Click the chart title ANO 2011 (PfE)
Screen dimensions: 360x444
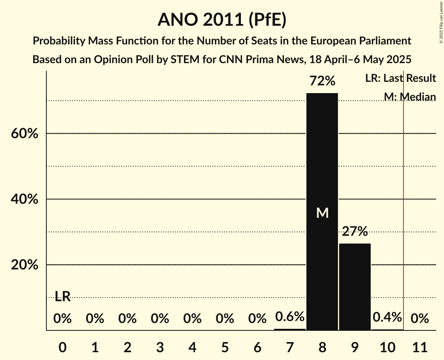click(222, 19)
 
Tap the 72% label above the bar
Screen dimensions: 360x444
click(322, 81)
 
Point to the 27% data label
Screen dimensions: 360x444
click(355, 232)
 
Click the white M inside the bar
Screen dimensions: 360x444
click(322, 213)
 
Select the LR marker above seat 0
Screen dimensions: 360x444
click(62, 296)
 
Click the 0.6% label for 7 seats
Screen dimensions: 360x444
click(290, 317)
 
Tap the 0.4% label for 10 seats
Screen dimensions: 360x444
click(387, 317)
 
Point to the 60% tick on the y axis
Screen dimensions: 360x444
click(24, 134)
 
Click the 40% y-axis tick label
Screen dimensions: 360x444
click(24, 199)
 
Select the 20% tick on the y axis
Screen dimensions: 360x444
click(24, 265)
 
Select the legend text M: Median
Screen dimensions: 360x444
click(409, 97)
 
